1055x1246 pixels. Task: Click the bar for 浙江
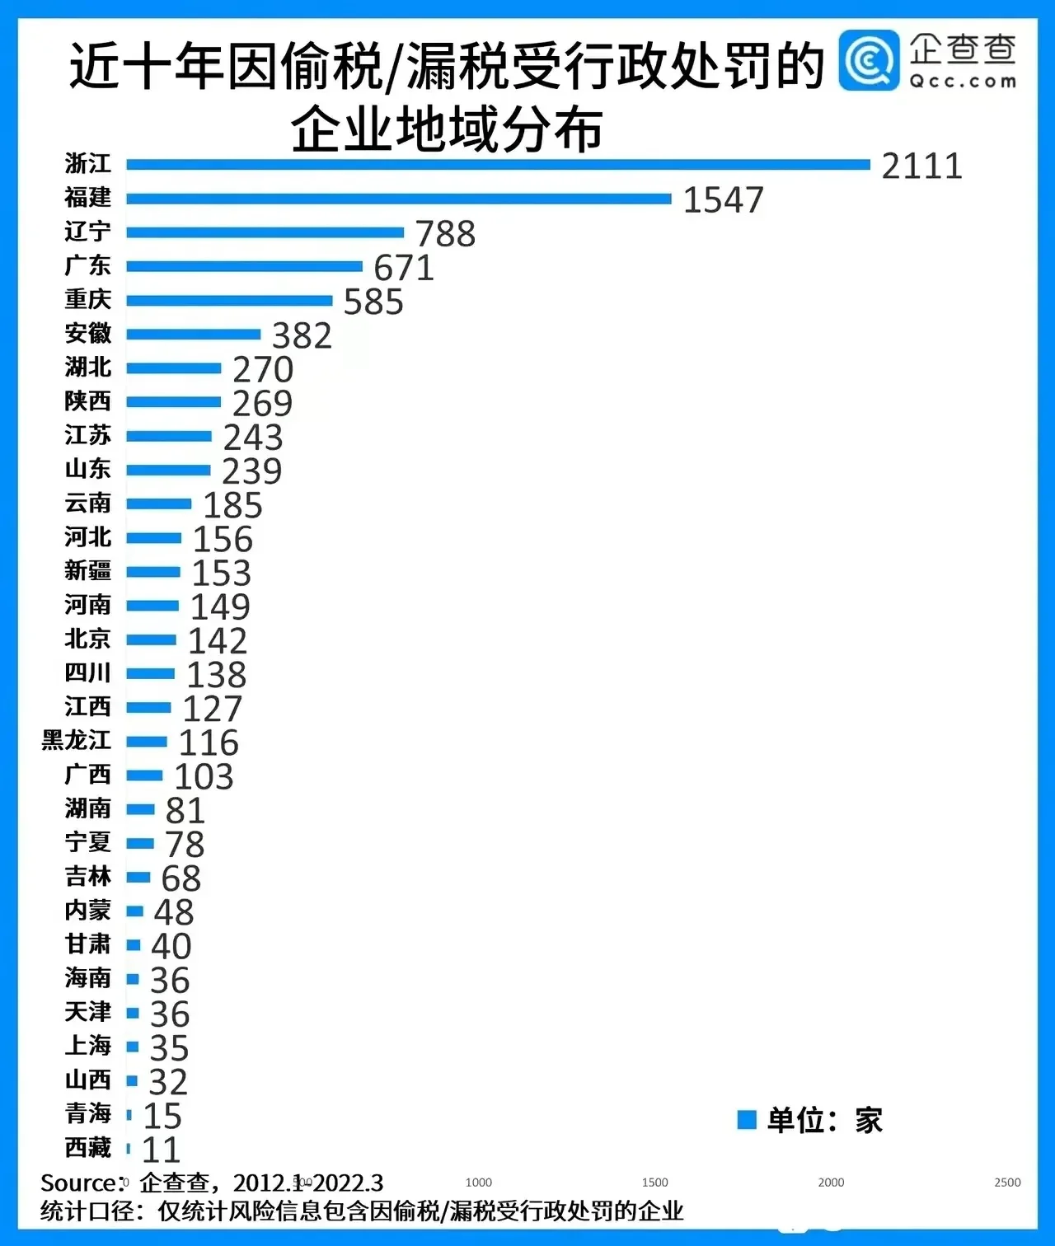tap(498, 165)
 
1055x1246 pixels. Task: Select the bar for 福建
tap(399, 199)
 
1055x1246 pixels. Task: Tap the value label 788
tap(445, 234)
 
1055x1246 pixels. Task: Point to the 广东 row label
tap(87, 265)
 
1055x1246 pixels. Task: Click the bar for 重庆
tap(229, 301)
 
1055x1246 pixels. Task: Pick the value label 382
tap(302, 336)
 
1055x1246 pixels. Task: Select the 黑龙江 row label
tap(77, 740)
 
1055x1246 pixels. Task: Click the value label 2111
tap(921, 166)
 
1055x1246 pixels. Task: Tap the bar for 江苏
tap(169, 436)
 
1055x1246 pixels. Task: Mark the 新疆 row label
tap(87, 570)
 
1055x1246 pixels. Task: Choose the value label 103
tap(204, 777)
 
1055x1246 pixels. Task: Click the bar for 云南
tap(159, 504)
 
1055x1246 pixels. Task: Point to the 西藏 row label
tap(87, 1147)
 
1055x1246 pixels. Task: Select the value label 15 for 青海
tap(162, 1117)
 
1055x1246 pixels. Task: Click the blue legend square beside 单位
tap(747, 1120)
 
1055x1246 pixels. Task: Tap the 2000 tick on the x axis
tap(831, 1183)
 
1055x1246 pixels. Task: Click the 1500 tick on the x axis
tap(655, 1183)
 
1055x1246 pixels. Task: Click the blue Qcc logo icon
tap(869, 60)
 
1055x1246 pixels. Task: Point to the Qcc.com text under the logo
tap(963, 82)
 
